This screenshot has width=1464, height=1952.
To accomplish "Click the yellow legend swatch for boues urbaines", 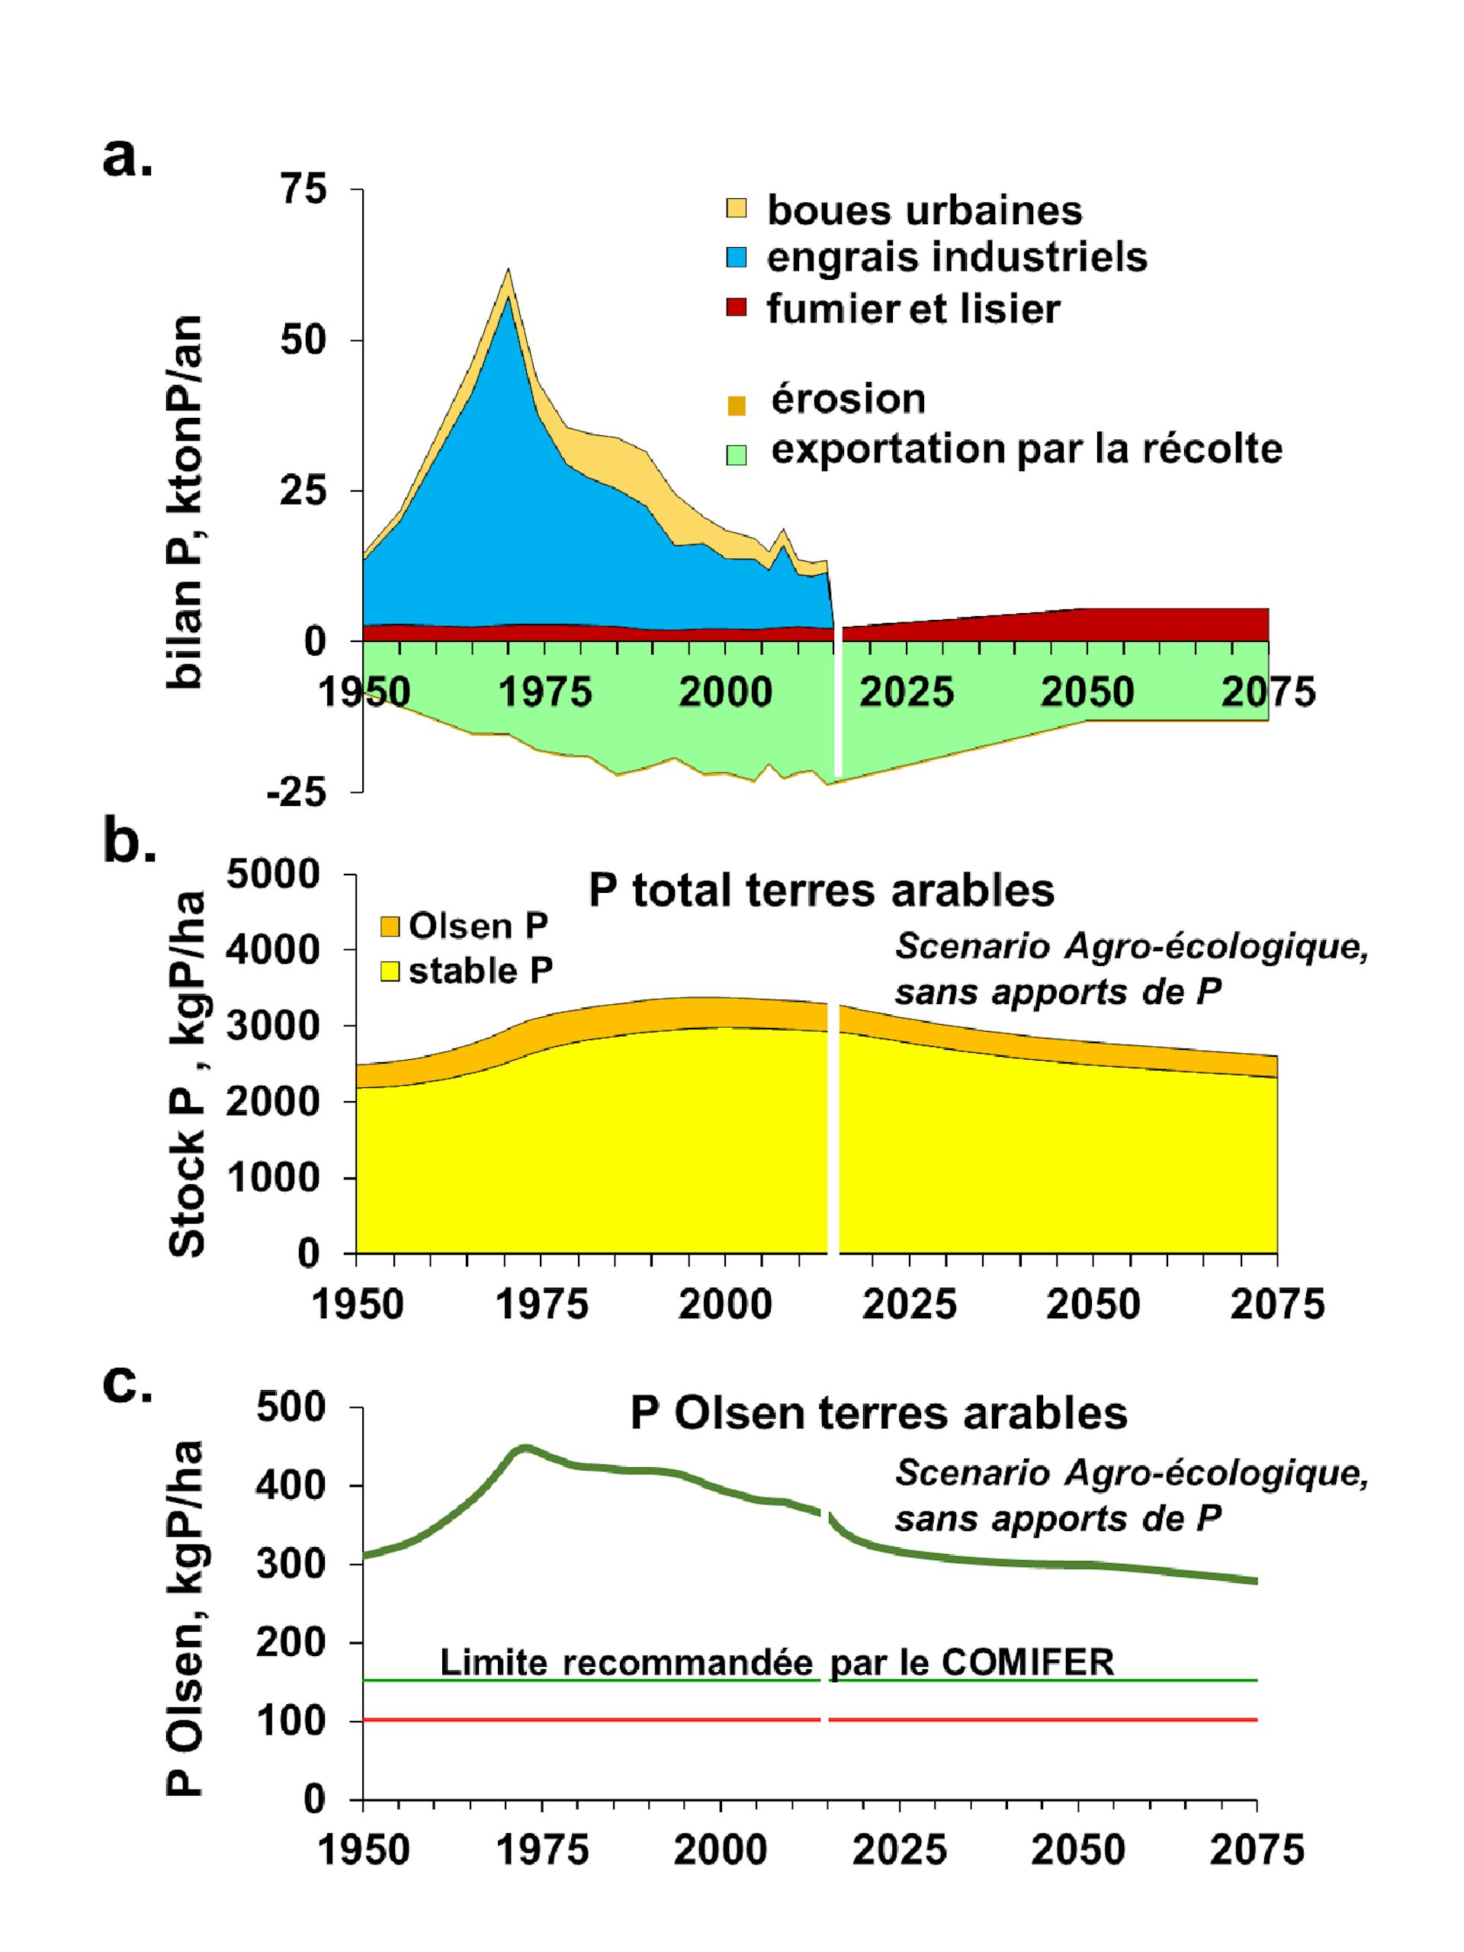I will coord(736,208).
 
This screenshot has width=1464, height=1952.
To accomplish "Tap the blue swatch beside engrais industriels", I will coord(736,258).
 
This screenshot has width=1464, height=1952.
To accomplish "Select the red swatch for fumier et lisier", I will coord(736,307).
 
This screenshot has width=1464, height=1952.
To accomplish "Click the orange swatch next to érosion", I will coord(736,405).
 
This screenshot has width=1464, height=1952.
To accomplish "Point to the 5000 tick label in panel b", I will coord(274,875).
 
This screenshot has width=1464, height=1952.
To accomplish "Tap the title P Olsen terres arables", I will coord(878,1413).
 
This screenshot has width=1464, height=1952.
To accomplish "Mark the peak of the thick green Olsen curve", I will coord(524,1448).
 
